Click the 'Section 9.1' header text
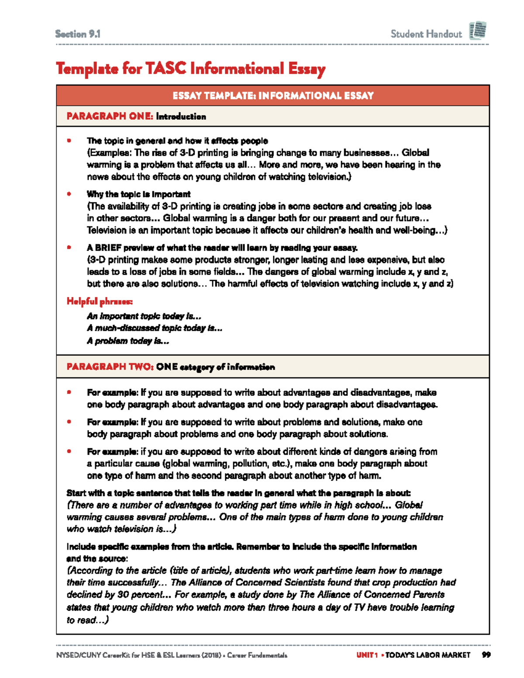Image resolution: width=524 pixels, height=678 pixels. pos(78,34)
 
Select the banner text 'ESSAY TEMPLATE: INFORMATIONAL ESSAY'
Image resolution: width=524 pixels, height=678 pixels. pos(273,96)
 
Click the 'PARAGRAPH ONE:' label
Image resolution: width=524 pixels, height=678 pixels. pos(110,116)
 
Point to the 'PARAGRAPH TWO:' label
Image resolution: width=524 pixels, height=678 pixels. pos(110,367)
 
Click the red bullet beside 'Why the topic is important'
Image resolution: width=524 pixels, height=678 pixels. pos(69,194)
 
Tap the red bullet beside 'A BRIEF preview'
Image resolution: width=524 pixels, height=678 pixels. pos(69,248)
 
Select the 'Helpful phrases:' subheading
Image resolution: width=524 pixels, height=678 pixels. pos(100,301)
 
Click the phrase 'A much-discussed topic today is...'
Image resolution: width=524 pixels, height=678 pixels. pos(155,328)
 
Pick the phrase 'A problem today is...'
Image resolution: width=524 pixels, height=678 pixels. pos(128,341)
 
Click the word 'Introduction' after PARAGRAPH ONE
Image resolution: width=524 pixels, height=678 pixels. pos(181,117)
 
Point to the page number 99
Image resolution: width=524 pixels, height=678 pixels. pos(486,655)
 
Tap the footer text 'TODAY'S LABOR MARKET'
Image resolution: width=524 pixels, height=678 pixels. pos(428,655)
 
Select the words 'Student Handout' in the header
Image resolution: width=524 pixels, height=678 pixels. pos(426,34)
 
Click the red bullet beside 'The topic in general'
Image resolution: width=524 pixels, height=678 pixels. pos(69,141)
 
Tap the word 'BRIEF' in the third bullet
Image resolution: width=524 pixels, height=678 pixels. pos(108,248)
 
